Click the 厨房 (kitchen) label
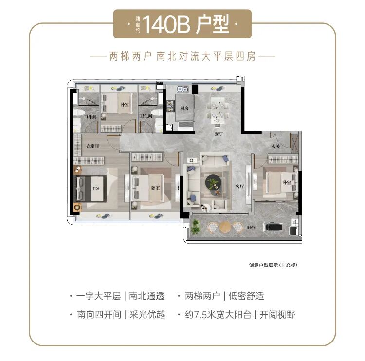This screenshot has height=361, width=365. [x=183, y=109]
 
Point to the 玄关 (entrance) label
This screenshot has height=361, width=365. [x=275, y=146]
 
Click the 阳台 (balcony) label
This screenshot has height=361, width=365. [x=250, y=227]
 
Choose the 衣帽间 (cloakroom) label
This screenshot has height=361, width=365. [x=93, y=146]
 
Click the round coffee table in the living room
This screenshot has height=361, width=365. [x=213, y=182]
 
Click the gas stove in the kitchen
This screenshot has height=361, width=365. [x=171, y=105]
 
